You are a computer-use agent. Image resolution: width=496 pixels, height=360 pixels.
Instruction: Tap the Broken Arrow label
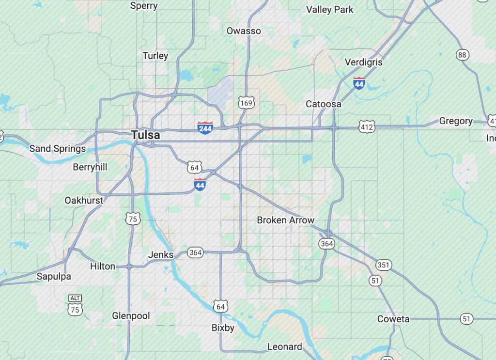point(285,220)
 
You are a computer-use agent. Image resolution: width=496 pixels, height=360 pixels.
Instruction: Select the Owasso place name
point(244,31)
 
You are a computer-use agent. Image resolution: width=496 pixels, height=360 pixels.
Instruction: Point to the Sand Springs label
point(58,149)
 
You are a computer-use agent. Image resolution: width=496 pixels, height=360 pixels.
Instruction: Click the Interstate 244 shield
point(205,127)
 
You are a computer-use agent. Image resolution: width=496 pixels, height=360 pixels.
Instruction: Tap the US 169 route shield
point(246,102)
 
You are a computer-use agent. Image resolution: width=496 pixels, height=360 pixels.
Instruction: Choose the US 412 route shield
point(367,127)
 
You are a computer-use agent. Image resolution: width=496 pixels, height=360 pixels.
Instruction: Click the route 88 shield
point(462,55)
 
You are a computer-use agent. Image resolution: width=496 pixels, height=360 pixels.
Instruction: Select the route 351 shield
point(383,265)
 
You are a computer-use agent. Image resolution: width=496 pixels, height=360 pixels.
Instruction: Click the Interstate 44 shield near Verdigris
point(359,83)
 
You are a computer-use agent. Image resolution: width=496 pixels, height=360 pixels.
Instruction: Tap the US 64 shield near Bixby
point(220,306)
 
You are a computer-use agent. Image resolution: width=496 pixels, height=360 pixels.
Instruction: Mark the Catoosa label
point(324,104)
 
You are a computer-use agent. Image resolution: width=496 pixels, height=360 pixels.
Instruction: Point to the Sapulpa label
point(54,277)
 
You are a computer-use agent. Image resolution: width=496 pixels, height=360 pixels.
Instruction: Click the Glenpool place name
point(131,316)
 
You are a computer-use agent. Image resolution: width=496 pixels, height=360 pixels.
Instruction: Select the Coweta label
point(393,319)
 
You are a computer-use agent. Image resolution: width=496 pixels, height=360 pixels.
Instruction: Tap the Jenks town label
point(160,255)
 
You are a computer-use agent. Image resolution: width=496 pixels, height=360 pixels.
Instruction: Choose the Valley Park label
point(330,10)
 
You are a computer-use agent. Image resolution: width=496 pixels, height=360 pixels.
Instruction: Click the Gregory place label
point(456,121)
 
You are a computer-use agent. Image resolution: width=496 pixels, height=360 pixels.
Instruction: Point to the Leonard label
point(285,347)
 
